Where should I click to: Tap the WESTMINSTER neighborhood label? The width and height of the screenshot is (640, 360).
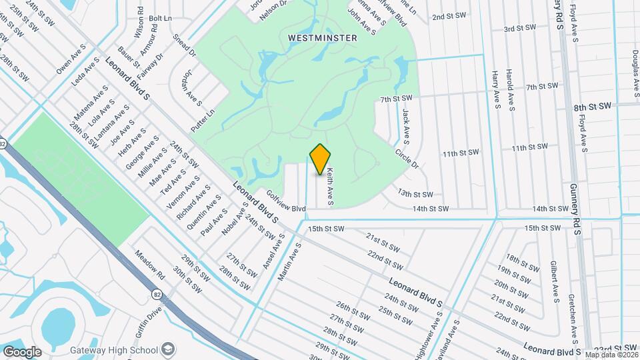323,38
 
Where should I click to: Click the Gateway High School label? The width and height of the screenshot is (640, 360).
113,350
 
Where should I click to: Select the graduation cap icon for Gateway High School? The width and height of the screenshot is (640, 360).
169,349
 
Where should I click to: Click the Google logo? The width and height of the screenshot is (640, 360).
22,351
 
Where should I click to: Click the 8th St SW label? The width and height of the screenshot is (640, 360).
592,107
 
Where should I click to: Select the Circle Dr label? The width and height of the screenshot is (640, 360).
406,157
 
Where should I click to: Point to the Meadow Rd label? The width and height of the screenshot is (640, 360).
150,265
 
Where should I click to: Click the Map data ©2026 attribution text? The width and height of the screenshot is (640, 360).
611,355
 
